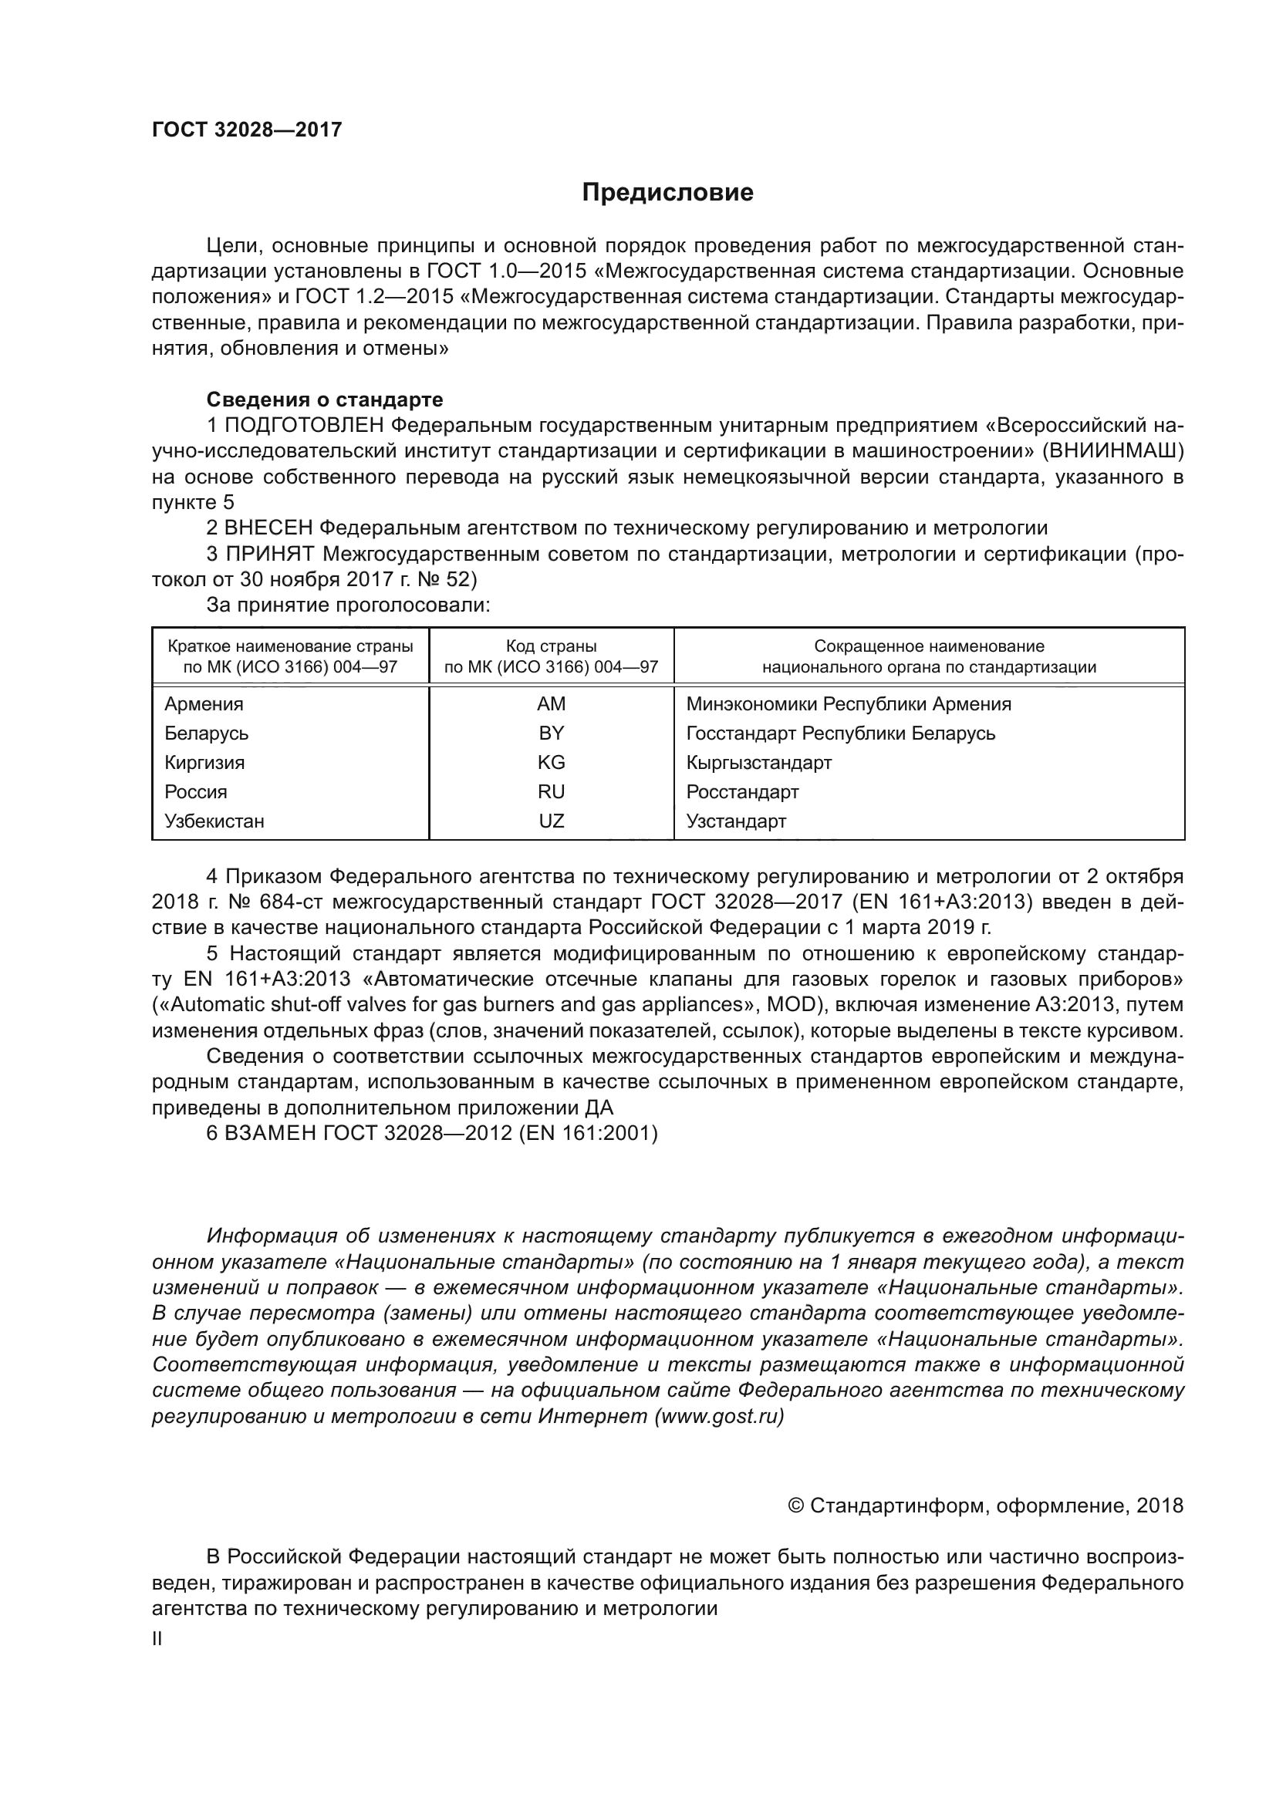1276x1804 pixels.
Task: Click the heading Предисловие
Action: (x=667, y=193)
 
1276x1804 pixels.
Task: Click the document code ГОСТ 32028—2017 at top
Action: (x=247, y=130)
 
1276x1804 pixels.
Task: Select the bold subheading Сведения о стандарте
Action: (x=325, y=400)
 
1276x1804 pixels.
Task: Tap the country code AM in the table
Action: (x=551, y=704)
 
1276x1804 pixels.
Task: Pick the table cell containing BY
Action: (x=551, y=733)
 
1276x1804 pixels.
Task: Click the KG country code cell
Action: (x=551, y=762)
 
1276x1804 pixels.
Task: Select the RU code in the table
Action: (x=551, y=791)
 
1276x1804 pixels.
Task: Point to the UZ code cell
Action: (x=551, y=821)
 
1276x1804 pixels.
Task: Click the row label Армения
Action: (x=204, y=704)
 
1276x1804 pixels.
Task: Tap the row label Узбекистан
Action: (x=214, y=821)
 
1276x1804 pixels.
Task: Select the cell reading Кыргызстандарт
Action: (x=758, y=762)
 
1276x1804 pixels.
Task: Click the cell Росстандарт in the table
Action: (x=741, y=791)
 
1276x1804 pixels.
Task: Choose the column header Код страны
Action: (x=551, y=646)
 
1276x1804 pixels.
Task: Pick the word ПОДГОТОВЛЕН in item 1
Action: (x=304, y=425)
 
